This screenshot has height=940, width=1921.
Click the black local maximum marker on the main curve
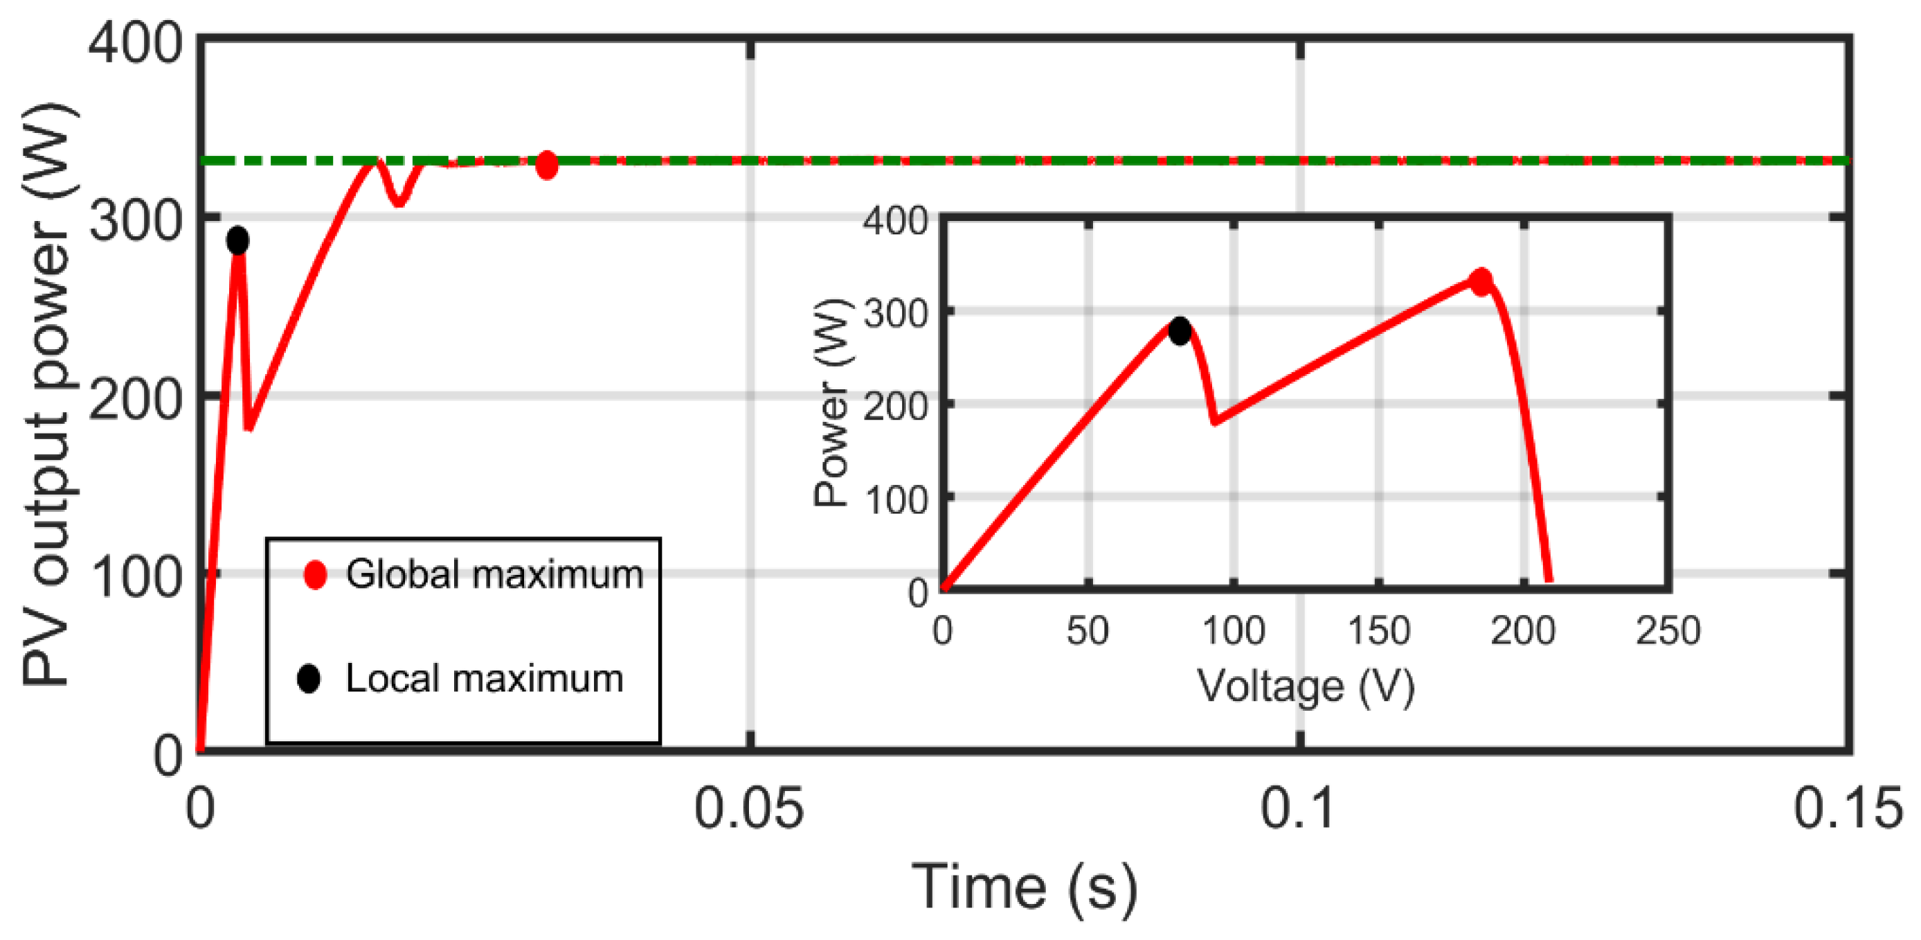click(237, 241)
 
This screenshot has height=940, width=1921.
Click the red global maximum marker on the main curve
click(547, 165)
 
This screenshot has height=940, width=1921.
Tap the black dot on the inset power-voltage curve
click(1180, 330)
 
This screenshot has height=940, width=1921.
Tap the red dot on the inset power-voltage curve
click(1480, 281)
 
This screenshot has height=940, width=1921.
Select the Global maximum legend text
click(494, 574)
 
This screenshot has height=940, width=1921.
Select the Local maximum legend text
click(485, 679)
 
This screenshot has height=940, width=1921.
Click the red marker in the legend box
click(316, 574)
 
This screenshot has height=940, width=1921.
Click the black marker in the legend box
click(309, 679)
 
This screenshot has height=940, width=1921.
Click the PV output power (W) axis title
click(46, 396)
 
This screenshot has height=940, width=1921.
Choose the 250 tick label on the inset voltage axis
click(1668, 631)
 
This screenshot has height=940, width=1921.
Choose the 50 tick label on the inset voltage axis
click(1088, 631)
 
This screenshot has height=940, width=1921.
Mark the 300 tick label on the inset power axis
click(895, 314)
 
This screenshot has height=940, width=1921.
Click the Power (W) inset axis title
click(831, 403)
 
